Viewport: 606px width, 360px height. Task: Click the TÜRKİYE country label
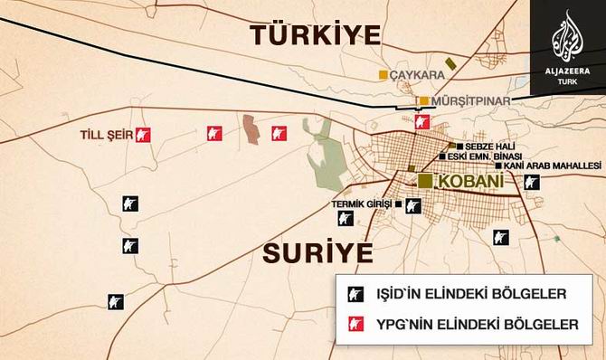[x=316, y=35]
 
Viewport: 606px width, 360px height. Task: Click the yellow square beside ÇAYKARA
[x=383, y=74]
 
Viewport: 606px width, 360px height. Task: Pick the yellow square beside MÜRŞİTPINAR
[x=423, y=100]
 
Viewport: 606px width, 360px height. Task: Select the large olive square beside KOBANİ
[x=425, y=181]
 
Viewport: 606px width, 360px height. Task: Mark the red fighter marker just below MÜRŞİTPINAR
[x=421, y=120]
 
